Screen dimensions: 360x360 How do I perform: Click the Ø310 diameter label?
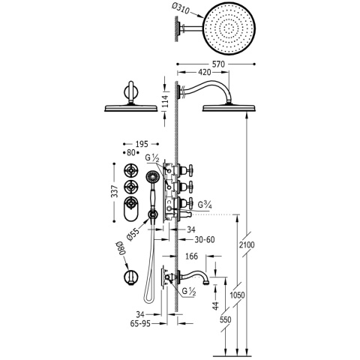point(181,9)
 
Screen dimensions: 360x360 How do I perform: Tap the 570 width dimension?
point(218,64)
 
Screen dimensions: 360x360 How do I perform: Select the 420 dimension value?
point(204,72)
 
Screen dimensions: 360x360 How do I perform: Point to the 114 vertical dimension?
point(165,102)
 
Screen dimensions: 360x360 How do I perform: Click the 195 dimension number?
point(142,144)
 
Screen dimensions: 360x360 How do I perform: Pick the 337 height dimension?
point(115,191)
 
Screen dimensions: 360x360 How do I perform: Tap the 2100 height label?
point(247,244)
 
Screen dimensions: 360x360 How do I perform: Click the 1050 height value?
point(237,295)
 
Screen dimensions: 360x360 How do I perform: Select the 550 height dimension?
point(226,319)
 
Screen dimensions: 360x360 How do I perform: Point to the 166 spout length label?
point(192,256)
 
